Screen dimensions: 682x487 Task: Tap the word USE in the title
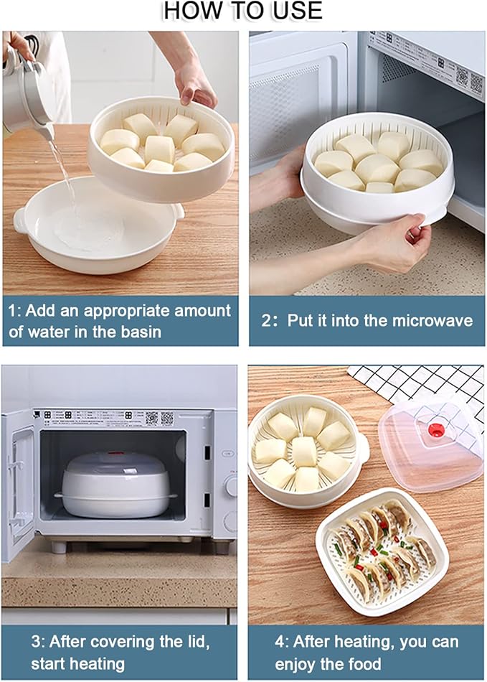[x=294, y=11]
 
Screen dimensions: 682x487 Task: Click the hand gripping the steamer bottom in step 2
[x=391, y=248]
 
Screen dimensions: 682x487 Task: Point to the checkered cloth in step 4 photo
[x=423, y=384]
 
